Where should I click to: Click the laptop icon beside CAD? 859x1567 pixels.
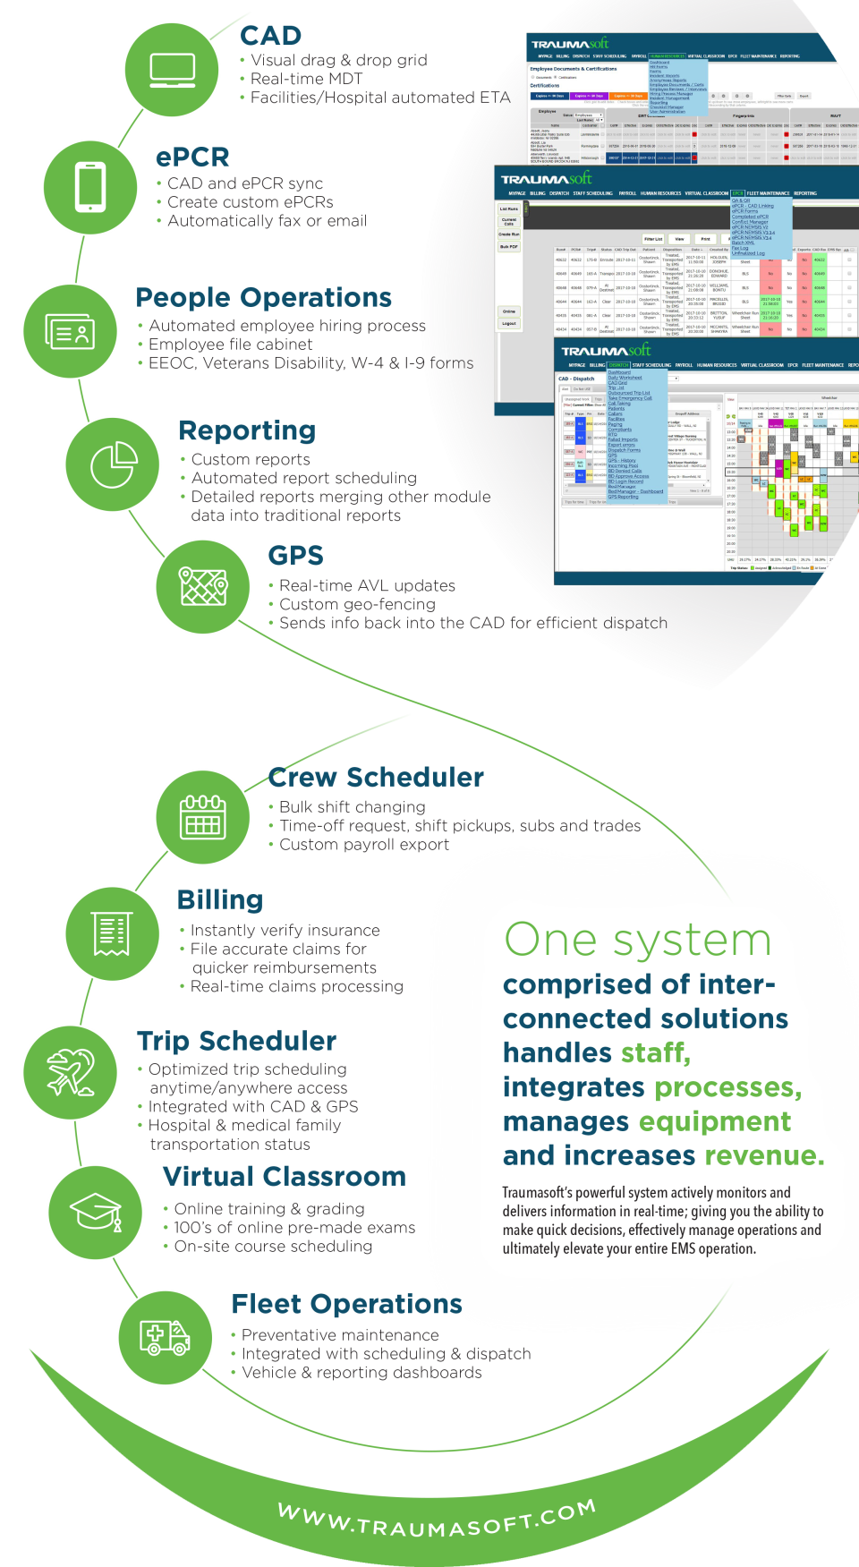tap(172, 69)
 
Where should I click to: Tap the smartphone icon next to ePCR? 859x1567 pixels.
tap(90, 186)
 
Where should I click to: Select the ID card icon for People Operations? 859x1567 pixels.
tap(71, 332)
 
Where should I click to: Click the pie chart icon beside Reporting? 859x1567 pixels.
tap(114, 464)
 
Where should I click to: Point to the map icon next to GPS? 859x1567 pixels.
tap(203, 587)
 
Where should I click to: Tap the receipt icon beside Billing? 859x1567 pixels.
tap(113, 934)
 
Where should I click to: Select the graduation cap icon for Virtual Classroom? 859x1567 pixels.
tap(96, 1213)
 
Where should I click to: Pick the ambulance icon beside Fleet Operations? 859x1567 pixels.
tap(165, 1337)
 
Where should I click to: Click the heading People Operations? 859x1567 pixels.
tap(264, 297)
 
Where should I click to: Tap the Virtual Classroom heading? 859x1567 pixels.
tap(285, 1176)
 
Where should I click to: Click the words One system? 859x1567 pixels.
tap(637, 940)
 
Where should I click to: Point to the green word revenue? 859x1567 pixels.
tap(763, 1155)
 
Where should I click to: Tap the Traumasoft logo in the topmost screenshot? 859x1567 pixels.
tap(569, 44)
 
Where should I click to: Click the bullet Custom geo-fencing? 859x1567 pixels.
tap(357, 604)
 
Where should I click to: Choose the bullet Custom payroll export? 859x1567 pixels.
tap(363, 844)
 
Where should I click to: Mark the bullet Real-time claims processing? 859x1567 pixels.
tap(296, 986)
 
